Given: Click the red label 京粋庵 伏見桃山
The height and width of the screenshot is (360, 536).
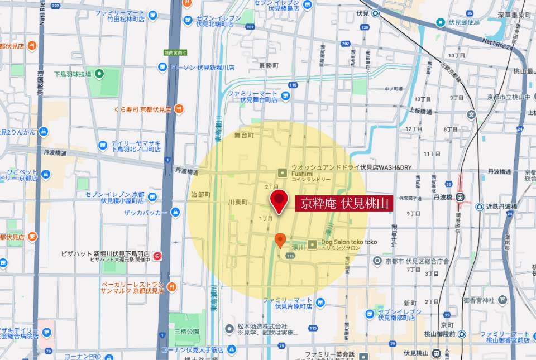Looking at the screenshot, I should pos(344,203).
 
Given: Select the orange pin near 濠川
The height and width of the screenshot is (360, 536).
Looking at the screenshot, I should pos(281,240).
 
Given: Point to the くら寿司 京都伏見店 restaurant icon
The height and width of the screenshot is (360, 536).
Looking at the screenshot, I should pos(179,109).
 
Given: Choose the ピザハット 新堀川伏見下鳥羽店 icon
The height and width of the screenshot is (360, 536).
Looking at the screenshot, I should pos(157,256).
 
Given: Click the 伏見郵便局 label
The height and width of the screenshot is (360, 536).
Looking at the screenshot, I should pos(465,22).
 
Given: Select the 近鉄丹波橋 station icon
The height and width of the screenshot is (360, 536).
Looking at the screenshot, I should pos(479,207).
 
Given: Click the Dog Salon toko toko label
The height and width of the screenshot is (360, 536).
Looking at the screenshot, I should pos(349,242).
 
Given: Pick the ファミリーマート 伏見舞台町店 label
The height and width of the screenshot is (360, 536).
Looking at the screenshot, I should pos(252,96).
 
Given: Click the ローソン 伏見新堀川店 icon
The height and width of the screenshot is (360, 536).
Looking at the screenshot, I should pos(162,67).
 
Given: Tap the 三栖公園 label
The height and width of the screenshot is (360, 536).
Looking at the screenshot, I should pos(186,331).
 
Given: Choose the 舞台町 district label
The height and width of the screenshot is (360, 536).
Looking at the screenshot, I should pos(244,135).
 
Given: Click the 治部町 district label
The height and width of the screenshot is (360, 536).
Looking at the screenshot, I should pos(200,194).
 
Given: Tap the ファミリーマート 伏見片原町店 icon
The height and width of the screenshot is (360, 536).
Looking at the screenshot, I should pos(320,303).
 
